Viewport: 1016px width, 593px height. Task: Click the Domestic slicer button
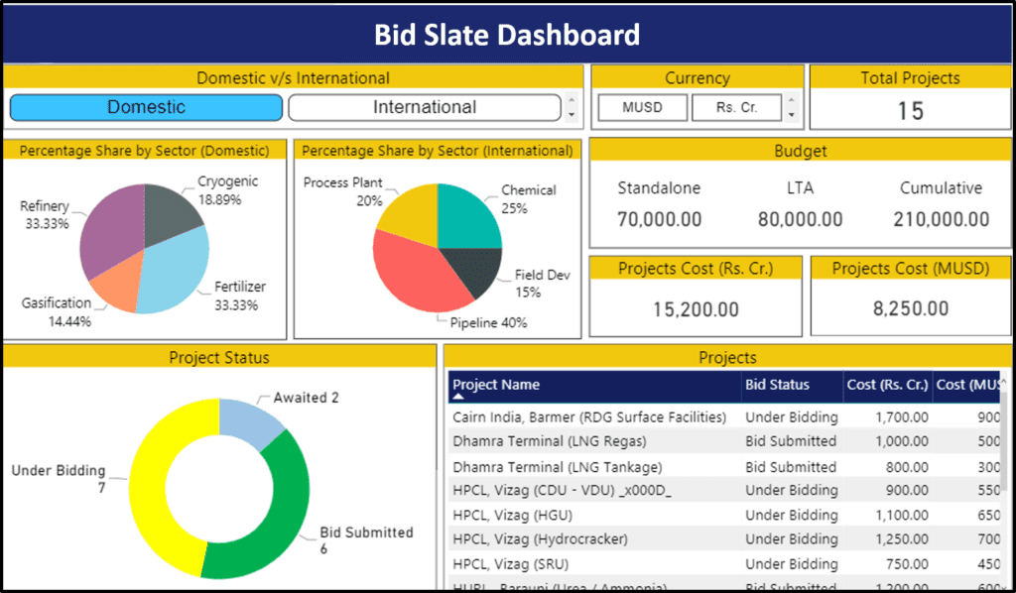[146, 107]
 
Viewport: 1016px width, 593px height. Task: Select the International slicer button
[424, 107]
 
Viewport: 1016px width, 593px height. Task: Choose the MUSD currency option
[642, 107]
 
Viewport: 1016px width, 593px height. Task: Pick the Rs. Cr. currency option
[736, 107]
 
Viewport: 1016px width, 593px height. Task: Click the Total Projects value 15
[910, 111]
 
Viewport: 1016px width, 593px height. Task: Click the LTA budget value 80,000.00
[800, 219]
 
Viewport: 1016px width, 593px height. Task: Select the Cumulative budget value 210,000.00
[941, 219]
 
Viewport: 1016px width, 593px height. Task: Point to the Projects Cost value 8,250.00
[911, 309]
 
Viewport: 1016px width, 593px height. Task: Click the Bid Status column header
[777, 385]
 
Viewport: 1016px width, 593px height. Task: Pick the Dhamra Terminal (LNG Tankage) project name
[557, 466]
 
